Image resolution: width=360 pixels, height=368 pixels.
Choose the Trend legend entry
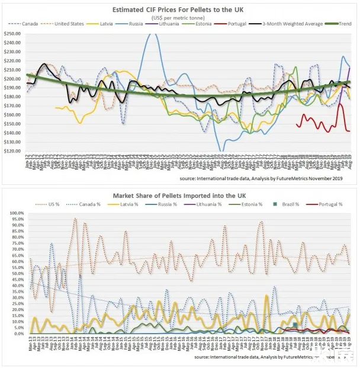343,24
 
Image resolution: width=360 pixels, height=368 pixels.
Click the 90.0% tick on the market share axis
15,225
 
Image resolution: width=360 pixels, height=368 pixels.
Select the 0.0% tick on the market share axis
16,334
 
